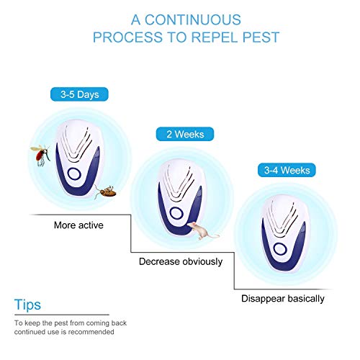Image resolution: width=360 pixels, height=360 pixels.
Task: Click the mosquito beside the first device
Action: tap(40, 153)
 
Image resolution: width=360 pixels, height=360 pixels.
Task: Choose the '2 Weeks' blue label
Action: tap(180, 134)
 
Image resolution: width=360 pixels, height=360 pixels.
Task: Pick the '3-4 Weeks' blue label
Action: tap(280, 171)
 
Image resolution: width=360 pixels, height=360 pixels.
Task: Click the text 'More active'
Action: tap(78, 225)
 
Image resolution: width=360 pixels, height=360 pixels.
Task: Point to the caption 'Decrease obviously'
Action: tap(180, 261)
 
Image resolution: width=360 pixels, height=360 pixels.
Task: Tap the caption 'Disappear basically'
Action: tap(282, 298)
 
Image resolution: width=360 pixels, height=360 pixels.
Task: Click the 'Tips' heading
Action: tap(27, 305)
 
